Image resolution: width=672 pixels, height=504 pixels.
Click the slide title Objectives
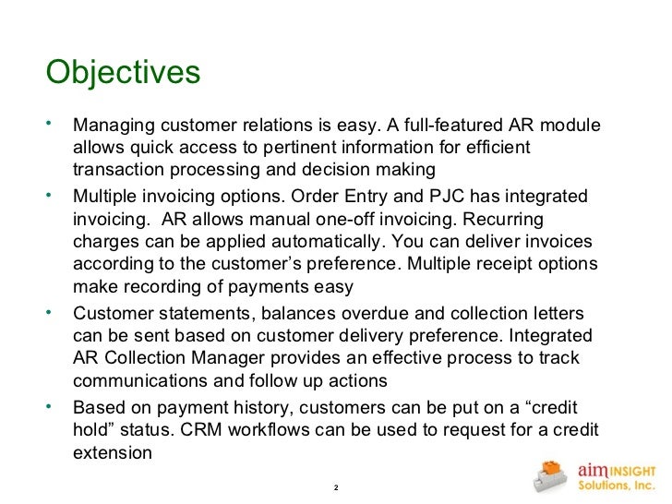click(x=123, y=72)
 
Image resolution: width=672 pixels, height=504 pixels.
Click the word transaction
click(x=118, y=170)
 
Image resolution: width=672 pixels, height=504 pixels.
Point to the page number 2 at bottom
click(x=335, y=486)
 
